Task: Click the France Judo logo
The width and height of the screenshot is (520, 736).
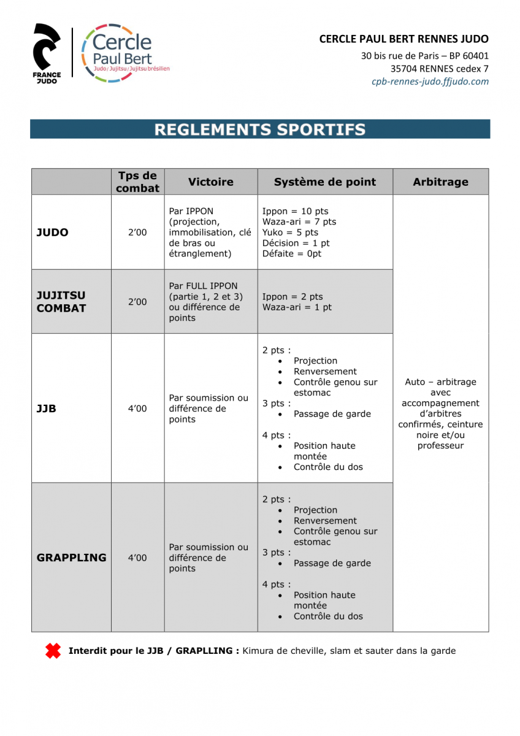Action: click(47, 53)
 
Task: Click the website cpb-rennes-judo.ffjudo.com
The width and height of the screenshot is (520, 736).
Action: click(430, 82)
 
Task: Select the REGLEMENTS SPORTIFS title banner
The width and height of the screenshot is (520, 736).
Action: click(260, 129)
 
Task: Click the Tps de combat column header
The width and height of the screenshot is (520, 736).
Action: click(137, 182)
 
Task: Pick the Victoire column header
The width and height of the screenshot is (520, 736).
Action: click(210, 182)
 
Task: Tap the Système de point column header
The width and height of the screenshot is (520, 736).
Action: click(324, 182)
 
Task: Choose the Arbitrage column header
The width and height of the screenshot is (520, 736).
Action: click(440, 182)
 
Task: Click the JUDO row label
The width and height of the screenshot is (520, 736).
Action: click(53, 232)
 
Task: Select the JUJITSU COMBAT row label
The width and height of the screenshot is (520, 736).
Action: click(61, 302)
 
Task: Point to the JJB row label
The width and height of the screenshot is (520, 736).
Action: click(47, 408)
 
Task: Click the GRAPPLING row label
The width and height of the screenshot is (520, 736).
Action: click(71, 558)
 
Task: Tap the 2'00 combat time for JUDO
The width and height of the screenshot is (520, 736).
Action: click(137, 232)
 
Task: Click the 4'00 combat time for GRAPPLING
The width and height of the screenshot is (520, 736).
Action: click(137, 558)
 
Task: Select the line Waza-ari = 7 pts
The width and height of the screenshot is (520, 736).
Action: click(299, 222)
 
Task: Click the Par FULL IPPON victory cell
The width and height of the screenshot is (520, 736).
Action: click(206, 302)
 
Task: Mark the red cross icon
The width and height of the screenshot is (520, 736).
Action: click(53, 651)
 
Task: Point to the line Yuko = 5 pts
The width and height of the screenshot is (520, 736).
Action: click(290, 232)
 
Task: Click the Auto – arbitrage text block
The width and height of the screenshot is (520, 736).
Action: click(440, 414)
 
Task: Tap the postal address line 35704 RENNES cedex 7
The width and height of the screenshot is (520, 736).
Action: click(439, 69)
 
